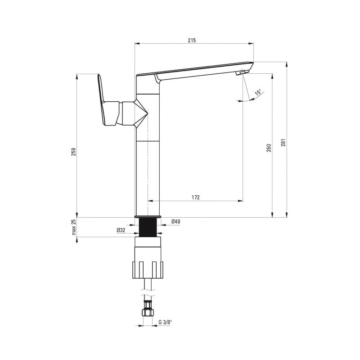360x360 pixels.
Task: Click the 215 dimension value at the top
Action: click(x=192, y=40)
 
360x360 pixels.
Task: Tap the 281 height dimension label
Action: click(x=283, y=143)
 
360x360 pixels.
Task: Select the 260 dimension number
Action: click(x=269, y=148)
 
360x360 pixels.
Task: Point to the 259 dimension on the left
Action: click(x=73, y=152)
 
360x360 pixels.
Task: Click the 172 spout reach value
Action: click(x=196, y=197)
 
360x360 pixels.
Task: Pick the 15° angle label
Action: click(x=258, y=92)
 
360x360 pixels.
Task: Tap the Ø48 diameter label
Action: click(x=176, y=221)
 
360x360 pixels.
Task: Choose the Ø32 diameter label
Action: click(x=121, y=230)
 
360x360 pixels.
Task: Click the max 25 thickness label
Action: click(x=73, y=227)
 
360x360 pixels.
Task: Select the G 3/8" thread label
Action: click(x=165, y=322)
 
